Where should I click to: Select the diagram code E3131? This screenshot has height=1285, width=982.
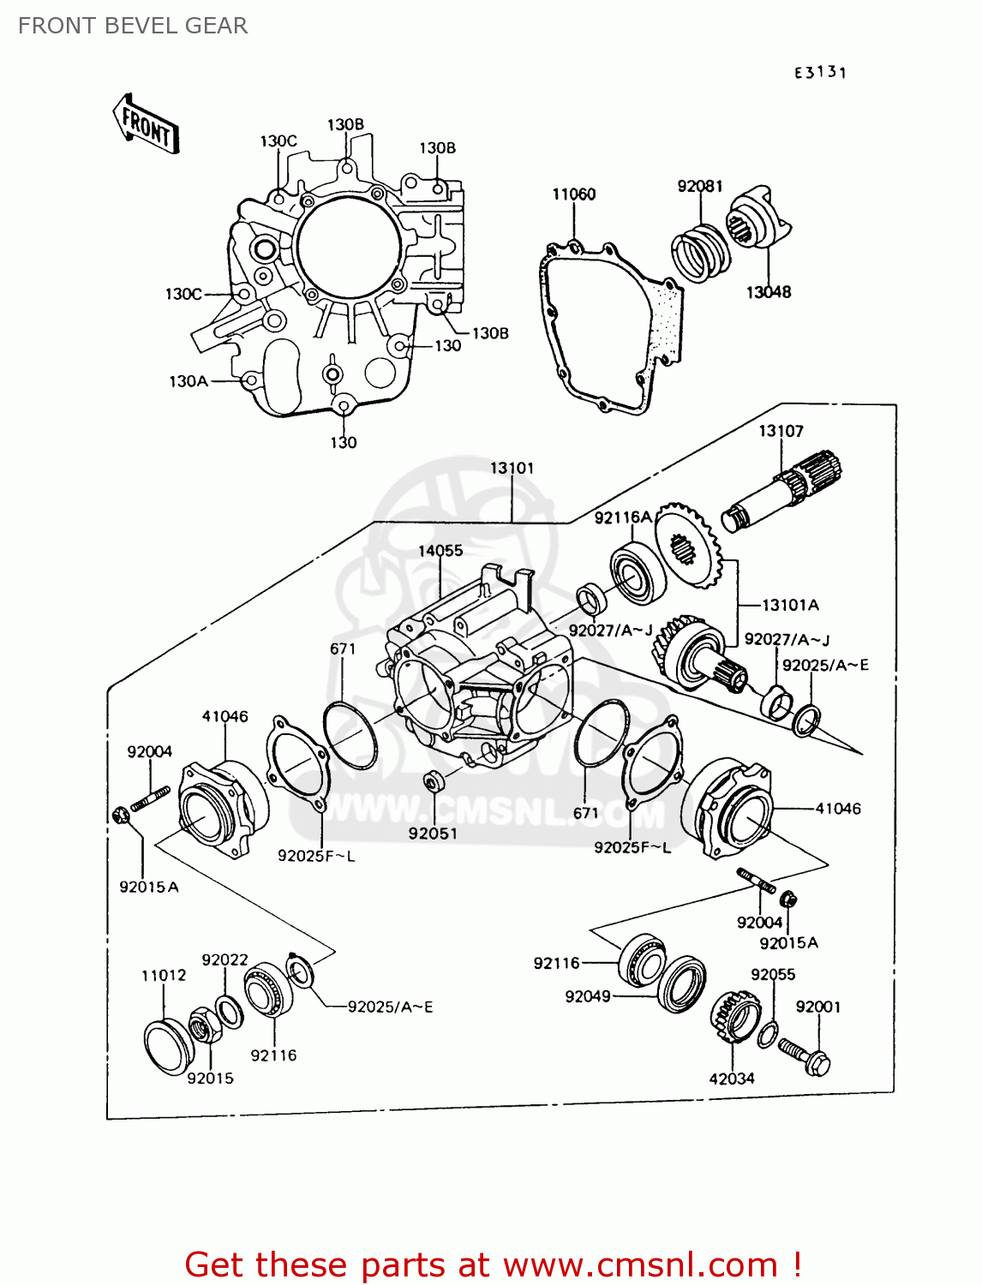tap(819, 73)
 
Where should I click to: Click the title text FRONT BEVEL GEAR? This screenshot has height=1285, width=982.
tap(133, 26)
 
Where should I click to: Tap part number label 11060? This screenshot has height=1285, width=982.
tap(573, 194)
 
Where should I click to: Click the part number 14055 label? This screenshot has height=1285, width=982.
tap(440, 551)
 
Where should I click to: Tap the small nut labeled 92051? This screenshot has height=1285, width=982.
tap(434, 781)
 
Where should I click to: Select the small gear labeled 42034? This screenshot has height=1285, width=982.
tap(734, 1017)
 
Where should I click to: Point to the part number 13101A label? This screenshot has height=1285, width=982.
tap(790, 605)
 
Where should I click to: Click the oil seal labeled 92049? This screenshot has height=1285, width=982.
tap(682, 984)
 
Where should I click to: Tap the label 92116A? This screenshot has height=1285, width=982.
tap(623, 517)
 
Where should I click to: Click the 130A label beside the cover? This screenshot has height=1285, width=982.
tap(189, 381)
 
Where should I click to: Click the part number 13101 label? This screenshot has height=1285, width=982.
tap(512, 469)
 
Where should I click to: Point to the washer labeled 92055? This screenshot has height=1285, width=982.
tap(768, 1034)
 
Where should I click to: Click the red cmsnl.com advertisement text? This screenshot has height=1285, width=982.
tap(493, 1264)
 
